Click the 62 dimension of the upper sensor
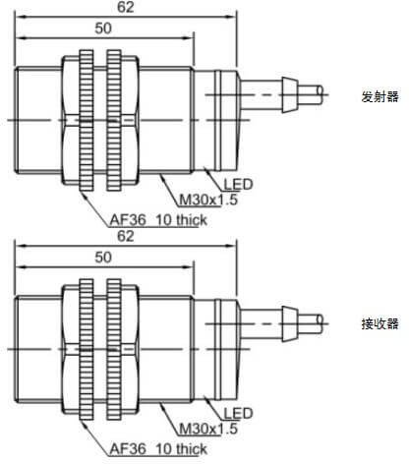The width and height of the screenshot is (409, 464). click(126, 7)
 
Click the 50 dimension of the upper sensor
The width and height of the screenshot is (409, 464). click(103, 29)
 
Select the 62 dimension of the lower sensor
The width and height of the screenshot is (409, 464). click(126, 236)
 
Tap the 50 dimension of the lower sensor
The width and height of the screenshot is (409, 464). click(103, 258)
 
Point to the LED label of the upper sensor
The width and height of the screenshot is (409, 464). click(238, 185)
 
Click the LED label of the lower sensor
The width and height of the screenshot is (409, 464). click(238, 414)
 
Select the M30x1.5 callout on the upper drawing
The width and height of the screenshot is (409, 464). click(208, 200)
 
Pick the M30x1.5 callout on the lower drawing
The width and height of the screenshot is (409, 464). click(208, 429)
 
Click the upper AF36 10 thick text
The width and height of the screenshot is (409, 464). click(158, 220)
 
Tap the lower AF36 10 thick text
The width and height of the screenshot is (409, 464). click(158, 449)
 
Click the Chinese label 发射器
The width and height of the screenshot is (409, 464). click(380, 96)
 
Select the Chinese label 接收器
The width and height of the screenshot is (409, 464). click(380, 324)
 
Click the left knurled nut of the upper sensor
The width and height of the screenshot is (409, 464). click(87, 120)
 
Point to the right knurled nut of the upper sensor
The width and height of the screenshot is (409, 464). click(114, 120)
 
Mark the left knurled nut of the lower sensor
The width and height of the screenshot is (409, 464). click(87, 349)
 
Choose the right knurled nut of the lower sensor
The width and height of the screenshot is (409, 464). click(114, 349)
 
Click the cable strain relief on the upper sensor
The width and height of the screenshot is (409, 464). click(289, 95)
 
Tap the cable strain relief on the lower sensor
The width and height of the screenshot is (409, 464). click(289, 324)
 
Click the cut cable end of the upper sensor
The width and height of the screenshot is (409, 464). click(320, 95)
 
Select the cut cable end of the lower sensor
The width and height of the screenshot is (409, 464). click(320, 324)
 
